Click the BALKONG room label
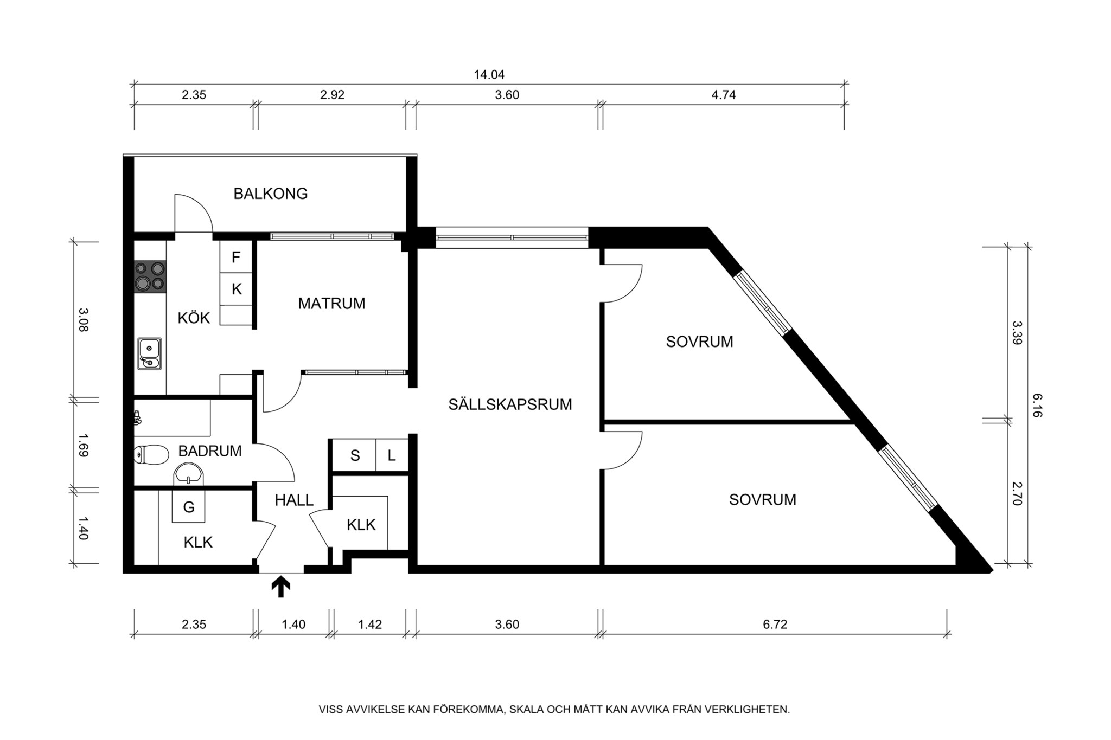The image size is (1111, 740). click(x=270, y=194)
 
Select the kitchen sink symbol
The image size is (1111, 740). click(x=149, y=353)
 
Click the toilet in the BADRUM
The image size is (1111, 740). click(x=151, y=455)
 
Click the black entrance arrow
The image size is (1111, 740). click(x=280, y=587)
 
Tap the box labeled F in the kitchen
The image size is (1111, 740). click(x=236, y=257)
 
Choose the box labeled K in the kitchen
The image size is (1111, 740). click(x=237, y=289)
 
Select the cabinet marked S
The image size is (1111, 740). click(x=355, y=455)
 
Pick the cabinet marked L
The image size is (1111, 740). click(x=392, y=455)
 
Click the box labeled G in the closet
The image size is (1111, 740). click(x=188, y=507)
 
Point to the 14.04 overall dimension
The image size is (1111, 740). click(x=489, y=75)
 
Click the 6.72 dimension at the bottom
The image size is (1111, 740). click(x=775, y=624)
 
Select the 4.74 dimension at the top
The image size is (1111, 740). click(x=723, y=95)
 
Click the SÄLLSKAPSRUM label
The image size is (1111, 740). click(x=510, y=404)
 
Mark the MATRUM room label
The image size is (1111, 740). click(x=331, y=304)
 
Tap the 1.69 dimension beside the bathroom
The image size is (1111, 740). click(x=82, y=445)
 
